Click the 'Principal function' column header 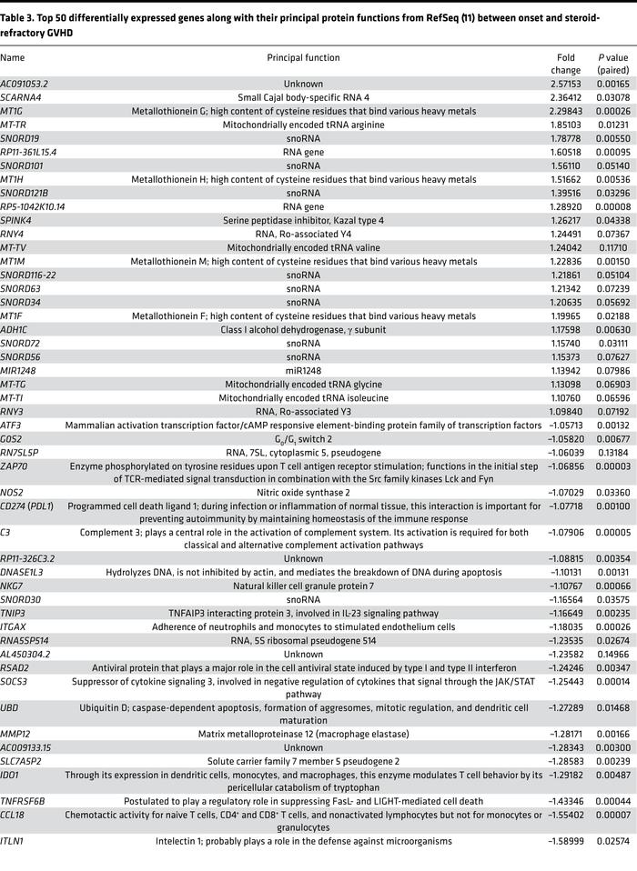[x=303, y=57]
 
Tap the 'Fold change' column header [x=565, y=64]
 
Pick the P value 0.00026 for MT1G [x=612, y=109]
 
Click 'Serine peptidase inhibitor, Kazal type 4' [x=303, y=218]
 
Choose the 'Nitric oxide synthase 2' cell [x=303, y=492]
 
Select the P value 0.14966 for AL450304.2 [x=612, y=653]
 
